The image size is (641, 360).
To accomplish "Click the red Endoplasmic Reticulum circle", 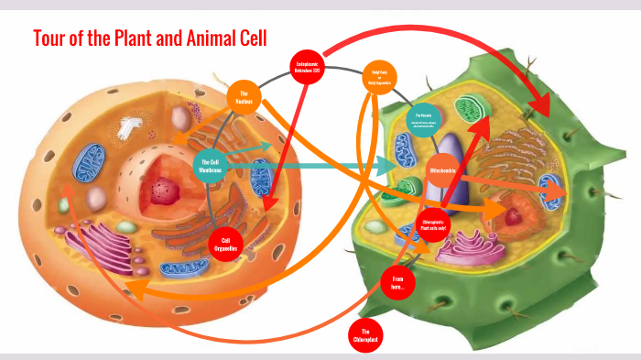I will pos(308,65).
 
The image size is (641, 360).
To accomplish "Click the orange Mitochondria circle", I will pos(443,171).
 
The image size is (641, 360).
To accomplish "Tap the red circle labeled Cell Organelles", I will pos(225,242).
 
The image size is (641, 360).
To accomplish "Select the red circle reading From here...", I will pos(397,280).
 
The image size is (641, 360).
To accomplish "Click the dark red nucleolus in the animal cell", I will pos(166,191).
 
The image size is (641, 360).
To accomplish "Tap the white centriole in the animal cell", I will pos(125,128).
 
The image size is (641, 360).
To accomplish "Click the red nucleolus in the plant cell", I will pos(516,216).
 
